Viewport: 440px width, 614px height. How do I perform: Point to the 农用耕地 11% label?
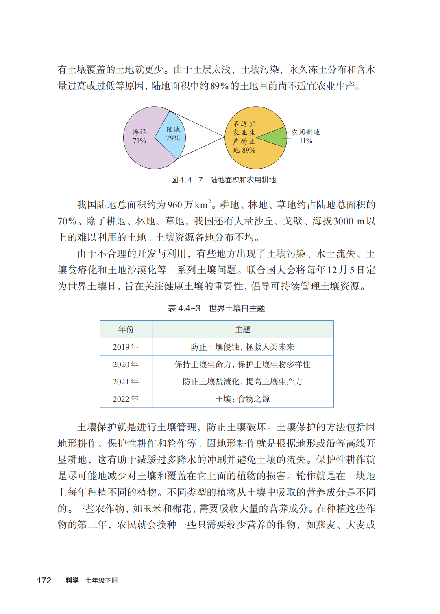(x=306, y=136)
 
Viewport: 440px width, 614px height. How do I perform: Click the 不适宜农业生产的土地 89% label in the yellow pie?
(x=244, y=137)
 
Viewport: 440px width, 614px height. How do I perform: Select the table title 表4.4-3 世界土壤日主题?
(x=216, y=308)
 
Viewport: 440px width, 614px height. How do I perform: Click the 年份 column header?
(x=126, y=329)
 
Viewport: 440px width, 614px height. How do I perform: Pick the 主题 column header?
(x=243, y=329)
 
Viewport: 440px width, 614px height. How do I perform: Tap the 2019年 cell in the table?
(x=126, y=347)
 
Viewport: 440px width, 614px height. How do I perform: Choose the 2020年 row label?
(x=126, y=364)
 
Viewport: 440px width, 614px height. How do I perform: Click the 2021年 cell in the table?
(x=126, y=382)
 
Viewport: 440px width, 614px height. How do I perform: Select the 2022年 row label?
(x=126, y=399)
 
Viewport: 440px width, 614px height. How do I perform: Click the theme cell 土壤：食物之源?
(x=243, y=399)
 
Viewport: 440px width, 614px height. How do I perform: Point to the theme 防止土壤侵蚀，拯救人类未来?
(x=243, y=347)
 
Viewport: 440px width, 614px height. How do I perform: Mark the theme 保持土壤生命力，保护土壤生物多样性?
(x=243, y=364)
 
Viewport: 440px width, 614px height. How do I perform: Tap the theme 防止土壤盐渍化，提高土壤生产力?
(x=243, y=382)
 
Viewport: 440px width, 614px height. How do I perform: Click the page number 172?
(x=44, y=581)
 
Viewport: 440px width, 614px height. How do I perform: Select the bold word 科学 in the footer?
(x=72, y=581)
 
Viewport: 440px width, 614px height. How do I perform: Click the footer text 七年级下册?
(x=102, y=581)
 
